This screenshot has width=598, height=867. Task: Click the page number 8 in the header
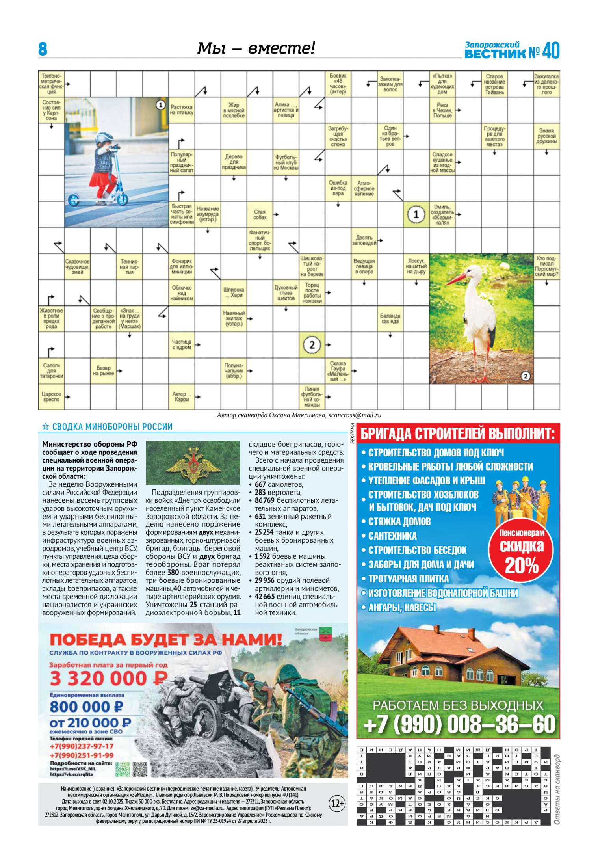coord(43,49)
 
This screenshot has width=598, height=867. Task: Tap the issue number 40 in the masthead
coord(550,51)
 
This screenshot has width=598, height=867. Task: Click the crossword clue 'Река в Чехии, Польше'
coord(442,110)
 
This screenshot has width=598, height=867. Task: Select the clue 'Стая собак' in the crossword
coord(260,214)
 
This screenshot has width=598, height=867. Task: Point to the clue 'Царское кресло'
coord(51,396)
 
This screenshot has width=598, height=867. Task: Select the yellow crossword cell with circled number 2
coord(312,345)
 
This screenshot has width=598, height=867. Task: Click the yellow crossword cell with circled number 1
coord(416,215)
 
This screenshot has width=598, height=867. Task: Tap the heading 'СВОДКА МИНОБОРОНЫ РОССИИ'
coord(112,426)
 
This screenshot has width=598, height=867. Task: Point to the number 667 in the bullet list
coord(260,484)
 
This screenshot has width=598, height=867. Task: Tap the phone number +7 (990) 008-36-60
coord(459,724)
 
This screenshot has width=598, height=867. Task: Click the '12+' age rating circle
coord(337,803)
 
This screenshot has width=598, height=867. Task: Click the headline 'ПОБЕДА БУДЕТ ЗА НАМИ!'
coord(165,639)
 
